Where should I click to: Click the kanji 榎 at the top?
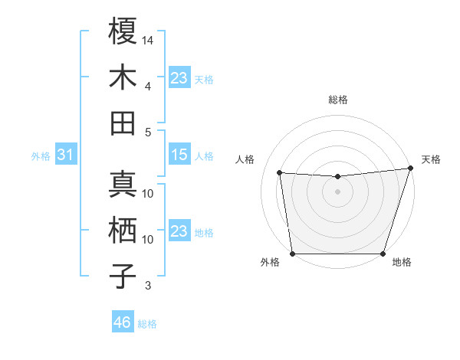coord(123,32)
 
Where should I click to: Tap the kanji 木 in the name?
coord(123,77)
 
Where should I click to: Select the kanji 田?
coord(123,123)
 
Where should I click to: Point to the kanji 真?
coord(123,185)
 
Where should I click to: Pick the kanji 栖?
coord(123,231)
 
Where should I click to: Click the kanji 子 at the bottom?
coord(123,276)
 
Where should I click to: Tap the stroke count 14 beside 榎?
coord(149,39)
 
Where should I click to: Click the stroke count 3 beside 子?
coord(147,286)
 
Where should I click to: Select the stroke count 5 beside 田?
coord(147,132)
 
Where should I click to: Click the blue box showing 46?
coord(122,322)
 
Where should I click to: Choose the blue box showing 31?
coord(66,155)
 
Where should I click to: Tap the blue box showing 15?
coord(179,155)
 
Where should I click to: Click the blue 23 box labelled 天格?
coord(179,78)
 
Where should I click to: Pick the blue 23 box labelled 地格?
coord(179,231)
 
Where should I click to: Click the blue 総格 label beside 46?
coord(147,324)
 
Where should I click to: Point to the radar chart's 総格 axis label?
coord(338,100)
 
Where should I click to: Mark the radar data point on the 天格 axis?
coord(410,169)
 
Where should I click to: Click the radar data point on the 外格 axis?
coord(293,253)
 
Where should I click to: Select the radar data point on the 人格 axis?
coord(279,173)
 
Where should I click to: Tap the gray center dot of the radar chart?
coord(337,191)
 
